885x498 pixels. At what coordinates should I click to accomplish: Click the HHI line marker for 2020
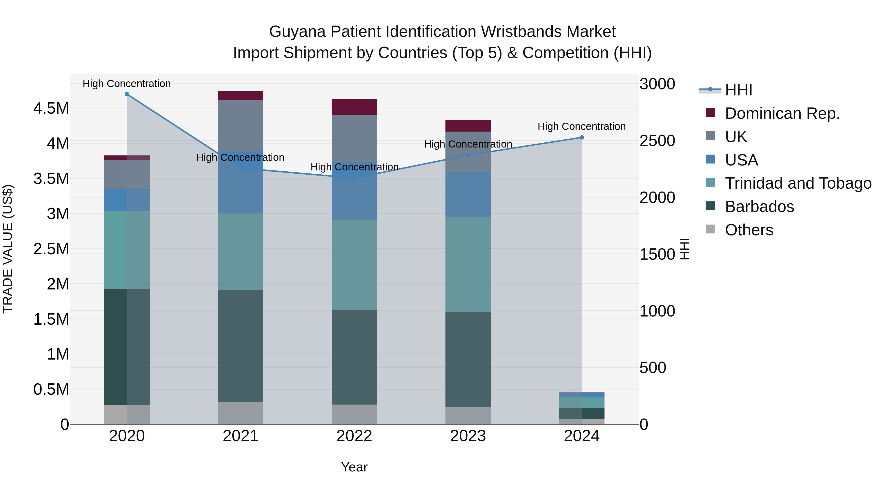click(127, 94)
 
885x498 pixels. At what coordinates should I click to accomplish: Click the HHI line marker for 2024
click(582, 137)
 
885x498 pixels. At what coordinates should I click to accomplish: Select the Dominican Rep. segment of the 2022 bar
click(354, 107)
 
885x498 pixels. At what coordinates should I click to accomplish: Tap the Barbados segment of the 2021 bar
click(240, 346)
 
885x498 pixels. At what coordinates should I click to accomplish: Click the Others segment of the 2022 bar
click(354, 414)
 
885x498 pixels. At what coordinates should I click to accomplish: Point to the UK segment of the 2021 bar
click(240, 125)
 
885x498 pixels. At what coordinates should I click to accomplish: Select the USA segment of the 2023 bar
click(468, 194)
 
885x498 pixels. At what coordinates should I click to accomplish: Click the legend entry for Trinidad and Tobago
click(798, 183)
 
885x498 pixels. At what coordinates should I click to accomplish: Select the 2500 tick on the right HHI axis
click(657, 141)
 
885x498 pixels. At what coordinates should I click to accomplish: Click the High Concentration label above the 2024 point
click(581, 126)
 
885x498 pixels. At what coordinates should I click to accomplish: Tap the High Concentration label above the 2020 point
click(127, 84)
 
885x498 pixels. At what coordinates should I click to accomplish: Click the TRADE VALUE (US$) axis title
click(8, 249)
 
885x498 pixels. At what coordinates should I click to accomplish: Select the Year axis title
click(354, 467)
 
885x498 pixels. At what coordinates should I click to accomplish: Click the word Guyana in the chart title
click(297, 32)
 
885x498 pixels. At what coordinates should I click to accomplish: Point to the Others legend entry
click(749, 230)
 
